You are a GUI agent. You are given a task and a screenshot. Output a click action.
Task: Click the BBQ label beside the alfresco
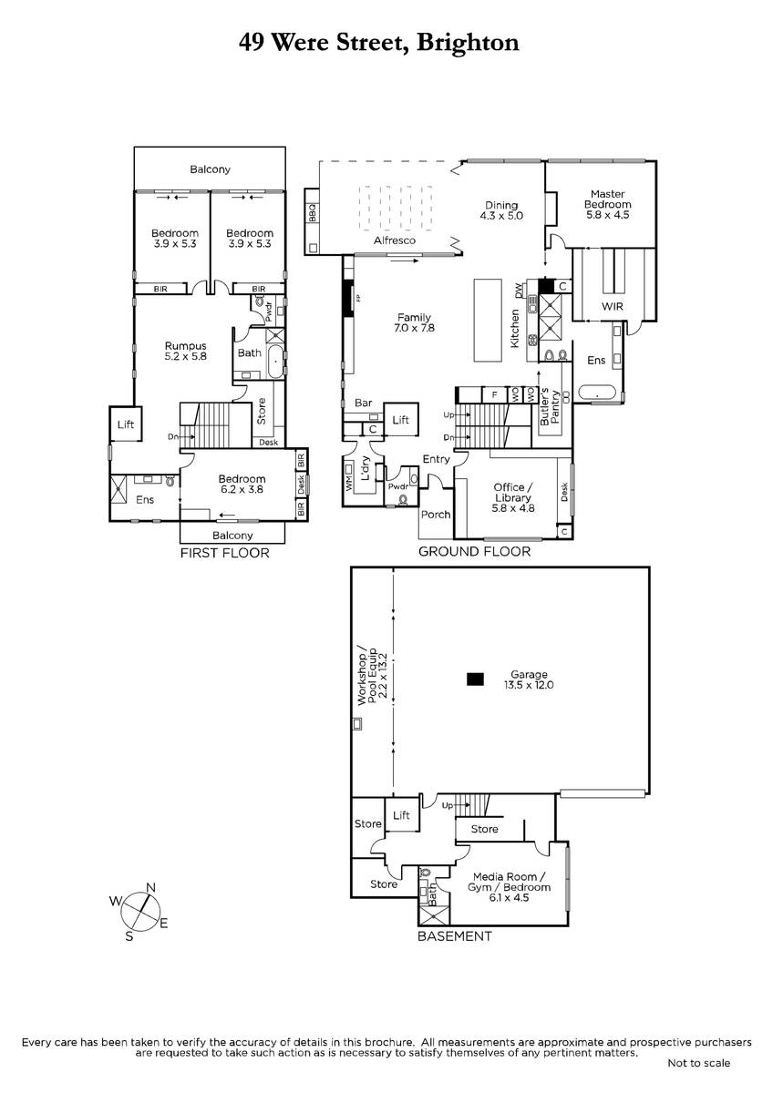coord(313,213)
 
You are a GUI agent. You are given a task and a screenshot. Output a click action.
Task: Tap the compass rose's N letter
coord(151,887)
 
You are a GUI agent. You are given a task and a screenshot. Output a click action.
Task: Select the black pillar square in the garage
coord(475,679)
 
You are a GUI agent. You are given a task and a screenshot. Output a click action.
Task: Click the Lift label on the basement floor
coord(401,815)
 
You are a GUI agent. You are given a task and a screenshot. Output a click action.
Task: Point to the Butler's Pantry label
coord(550,406)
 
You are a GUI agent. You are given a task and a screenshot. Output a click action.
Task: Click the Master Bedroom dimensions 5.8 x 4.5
coord(607,215)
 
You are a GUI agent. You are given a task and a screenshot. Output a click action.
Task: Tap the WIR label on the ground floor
coord(613,306)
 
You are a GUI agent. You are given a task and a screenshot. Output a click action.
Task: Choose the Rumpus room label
coord(186,346)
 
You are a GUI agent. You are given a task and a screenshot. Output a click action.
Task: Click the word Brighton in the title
coord(468,43)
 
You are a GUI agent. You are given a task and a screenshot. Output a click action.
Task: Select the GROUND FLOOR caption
coord(474,551)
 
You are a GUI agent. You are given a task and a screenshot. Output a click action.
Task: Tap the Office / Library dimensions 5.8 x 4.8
coord(512,508)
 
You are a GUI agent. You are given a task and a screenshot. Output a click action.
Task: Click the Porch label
coord(436,515)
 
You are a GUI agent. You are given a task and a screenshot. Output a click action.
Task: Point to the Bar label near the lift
coord(364,403)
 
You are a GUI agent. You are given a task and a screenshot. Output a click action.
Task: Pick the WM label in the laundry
coord(348,484)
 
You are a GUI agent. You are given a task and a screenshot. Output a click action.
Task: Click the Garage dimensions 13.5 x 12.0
coord(529,685)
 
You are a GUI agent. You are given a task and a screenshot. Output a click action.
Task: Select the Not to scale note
coord(699,1063)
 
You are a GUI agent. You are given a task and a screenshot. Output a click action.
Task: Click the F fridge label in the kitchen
coord(495,394)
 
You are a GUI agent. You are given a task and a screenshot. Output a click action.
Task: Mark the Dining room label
coord(501,205)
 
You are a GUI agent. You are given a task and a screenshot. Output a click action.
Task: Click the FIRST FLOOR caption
coord(224,553)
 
